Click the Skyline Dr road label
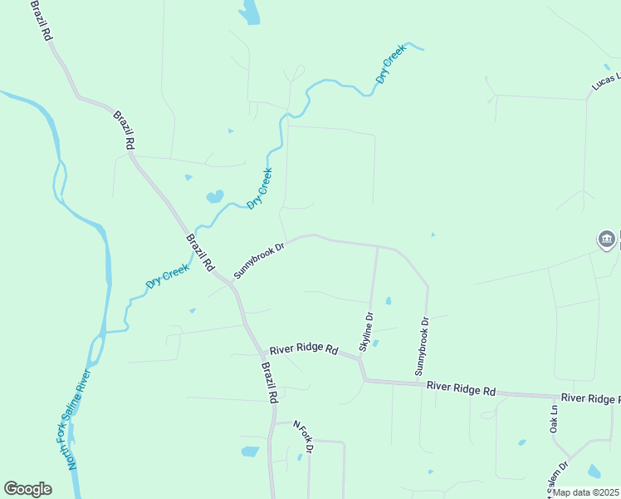click(367, 330)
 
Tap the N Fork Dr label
click(304, 437)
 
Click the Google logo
click(27, 489)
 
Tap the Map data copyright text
click(587, 492)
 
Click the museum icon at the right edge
click(607, 240)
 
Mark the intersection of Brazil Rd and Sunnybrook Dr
click(232, 283)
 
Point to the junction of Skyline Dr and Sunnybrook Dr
click(378, 247)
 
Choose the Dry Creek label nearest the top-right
click(390, 64)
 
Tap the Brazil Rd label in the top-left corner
click(42, 21)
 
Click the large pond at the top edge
click(249, 12)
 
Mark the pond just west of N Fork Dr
click(250, 452)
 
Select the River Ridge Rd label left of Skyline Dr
click(304, 349)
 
